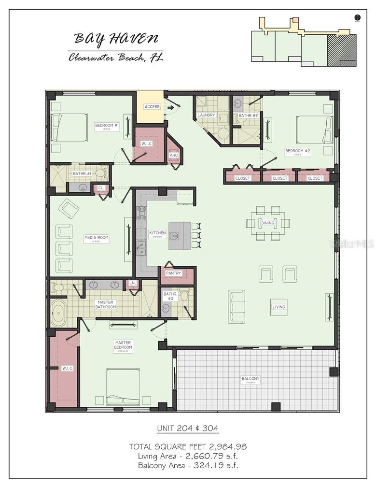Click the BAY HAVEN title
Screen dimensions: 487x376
[116, 38]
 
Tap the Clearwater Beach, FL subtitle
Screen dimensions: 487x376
[116, 57]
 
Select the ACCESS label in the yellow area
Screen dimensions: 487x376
[152, 107]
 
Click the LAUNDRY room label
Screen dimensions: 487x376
[206, 115]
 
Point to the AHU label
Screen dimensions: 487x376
[174, 155]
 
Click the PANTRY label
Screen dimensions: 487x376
[173, 273]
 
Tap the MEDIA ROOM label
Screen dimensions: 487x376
[97, 238]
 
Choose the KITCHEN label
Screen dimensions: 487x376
[157, 233]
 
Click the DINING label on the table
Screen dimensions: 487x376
[268, 223]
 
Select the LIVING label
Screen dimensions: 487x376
[279, 307]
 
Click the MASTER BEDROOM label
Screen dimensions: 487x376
[123, 345]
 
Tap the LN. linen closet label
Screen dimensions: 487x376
[132, 283]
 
